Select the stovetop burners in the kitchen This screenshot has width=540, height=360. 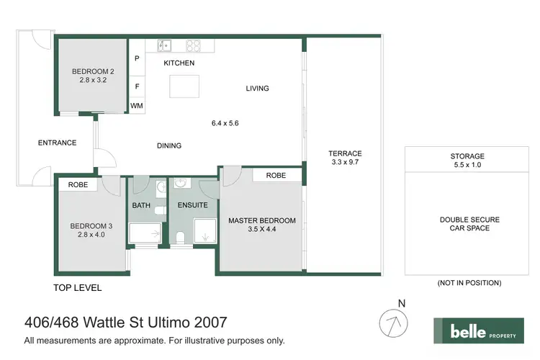coord(193,45)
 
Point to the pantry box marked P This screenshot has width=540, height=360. coord(137,59)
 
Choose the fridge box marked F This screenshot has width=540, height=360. coord(137,86)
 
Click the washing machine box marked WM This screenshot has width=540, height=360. coord(137,106)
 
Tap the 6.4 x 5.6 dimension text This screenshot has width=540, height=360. coord(225,123)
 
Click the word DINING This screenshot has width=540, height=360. coord(169,145)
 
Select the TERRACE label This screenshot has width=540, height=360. coord(345,153)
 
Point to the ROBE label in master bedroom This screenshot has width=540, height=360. coord(276,175)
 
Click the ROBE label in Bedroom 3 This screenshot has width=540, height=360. coord(78,185)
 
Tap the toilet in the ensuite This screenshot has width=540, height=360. coord(181,238)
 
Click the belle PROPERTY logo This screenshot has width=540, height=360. coord(478,331)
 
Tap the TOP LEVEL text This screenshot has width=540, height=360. coord(78,288)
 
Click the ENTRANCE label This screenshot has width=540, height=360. coord(57,143)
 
